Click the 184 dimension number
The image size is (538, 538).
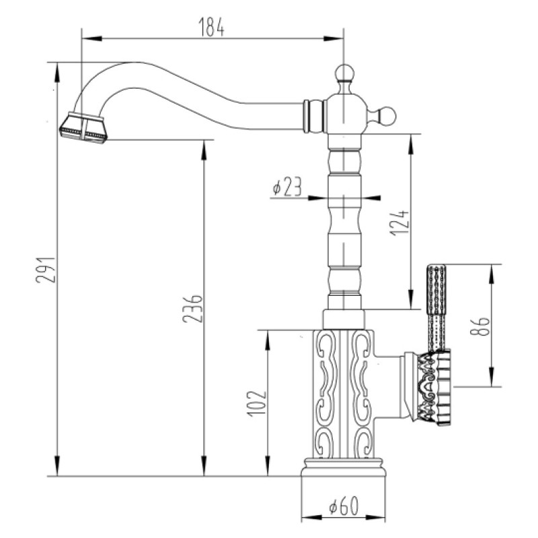coord(211,26)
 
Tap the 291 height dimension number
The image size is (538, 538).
coord(45,270)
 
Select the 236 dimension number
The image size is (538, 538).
coord(192,308)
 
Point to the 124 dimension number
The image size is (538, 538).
coord(399,223)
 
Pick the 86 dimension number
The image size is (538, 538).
coord(479,326)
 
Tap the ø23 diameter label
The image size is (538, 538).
coord(287,188)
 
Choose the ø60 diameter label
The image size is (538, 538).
coord(344,506)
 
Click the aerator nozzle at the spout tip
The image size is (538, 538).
coord(83,127)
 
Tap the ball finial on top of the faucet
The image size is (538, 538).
coord(344,73)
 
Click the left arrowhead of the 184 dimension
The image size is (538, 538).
coord(92,38)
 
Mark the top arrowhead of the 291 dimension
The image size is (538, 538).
coord(57,73)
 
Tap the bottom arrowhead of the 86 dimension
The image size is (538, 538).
coord(492,377)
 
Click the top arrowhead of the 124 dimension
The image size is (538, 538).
coord(411,144)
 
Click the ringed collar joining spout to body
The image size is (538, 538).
coord(313,116)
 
